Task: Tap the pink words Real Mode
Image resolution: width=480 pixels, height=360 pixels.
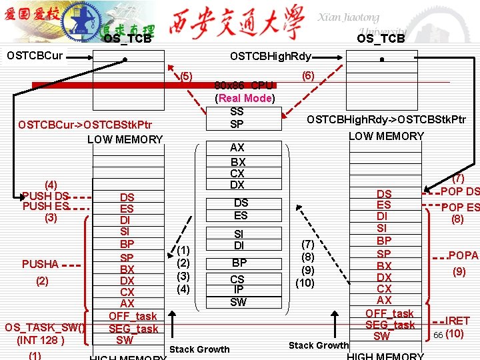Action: click(x=245, y=99)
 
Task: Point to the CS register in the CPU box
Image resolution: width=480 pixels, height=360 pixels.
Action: click(x=237, y=279)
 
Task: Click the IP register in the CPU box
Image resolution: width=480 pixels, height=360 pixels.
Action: click(x=237, y=290)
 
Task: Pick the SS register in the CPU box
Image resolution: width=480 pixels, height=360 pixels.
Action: click(x=237, y=111)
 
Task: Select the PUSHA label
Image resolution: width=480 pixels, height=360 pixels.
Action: click(x=39, y=265)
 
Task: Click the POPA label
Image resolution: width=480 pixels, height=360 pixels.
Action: click(x=463, y=256)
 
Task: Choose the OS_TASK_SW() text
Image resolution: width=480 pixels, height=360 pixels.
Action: click(x=45, y=327)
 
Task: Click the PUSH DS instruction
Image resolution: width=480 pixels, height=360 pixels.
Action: click(x=45, y=196)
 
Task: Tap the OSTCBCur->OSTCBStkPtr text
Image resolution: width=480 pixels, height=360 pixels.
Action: click(x=85, y=125)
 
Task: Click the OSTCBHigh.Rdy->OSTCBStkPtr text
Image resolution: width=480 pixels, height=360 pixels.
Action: click(x=386, y=120)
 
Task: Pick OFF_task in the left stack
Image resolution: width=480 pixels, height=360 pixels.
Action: click(x=133, y=316)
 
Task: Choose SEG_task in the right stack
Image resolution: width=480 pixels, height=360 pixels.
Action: click(x=390, y=325)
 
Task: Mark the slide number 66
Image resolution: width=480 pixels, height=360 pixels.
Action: click(x=438, y=334)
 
